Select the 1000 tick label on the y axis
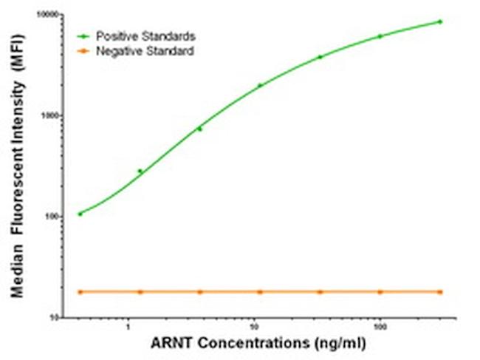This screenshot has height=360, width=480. (x=52, y=116)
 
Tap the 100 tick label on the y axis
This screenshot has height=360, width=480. (x=54, y=217)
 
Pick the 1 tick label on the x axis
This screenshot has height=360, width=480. (x=128, y=327)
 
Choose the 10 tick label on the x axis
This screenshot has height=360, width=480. (x=255, y=327)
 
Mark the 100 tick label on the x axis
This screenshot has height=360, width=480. (x=380, y=327)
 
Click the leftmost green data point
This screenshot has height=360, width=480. (x=80, y=214)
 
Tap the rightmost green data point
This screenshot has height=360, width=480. (x=440, y=21)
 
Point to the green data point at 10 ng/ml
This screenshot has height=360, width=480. (x=260, y=85)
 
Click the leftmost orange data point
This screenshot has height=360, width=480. (x=80, y=292)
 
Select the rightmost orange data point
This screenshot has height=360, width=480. (x=440, y=292)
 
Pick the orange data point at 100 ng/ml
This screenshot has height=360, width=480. (x=380, y=292)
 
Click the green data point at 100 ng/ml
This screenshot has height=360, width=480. (x=380, y=35)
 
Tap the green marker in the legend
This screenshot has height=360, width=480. (x=86, y=35)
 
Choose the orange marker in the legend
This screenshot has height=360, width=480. (x=86, y=52)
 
